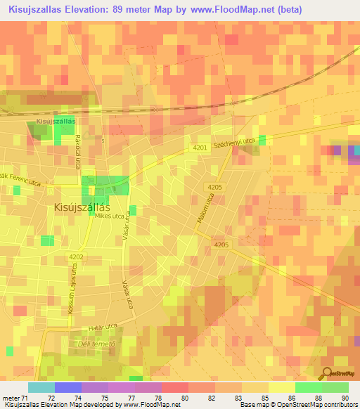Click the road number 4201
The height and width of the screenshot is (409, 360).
point(200,148)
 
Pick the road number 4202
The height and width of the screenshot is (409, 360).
point(77,258)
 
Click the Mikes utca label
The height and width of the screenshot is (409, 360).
point(110,216)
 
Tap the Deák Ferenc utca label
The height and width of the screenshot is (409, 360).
point(26,181)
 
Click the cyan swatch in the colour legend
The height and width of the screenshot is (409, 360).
point(41,387)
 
